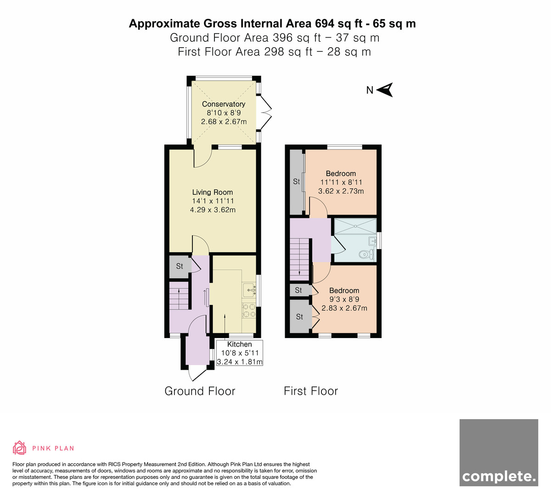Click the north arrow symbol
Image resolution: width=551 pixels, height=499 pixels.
tap(385, 90)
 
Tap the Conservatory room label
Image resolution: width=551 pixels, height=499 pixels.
tap(224, 104)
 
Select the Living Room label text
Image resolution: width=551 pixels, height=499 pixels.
tap(212, 192)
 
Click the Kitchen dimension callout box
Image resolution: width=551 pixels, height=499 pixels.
tap(240, 353)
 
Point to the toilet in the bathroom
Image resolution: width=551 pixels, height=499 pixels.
tap(366, 254)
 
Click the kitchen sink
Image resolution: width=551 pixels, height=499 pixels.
tap(249, 290)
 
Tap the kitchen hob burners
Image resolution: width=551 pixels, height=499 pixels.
tap(249, 310)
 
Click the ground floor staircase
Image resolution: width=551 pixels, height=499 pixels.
tap(179, 295)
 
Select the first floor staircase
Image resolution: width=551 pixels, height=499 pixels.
tap(300, 260)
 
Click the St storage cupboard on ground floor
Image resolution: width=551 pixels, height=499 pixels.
tap(180, 266)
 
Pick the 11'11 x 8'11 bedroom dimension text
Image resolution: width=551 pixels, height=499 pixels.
tap(341, 182)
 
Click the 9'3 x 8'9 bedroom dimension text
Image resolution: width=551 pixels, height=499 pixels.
tap(344, 299)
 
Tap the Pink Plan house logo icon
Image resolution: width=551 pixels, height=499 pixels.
tap(19, 448)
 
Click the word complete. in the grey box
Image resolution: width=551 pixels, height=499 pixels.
tap(499, 477)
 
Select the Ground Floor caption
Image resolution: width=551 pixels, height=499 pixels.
tap(200, 391)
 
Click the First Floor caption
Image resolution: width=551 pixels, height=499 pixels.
tap(311, 391)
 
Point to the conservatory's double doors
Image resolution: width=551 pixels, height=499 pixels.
tap(265, 112)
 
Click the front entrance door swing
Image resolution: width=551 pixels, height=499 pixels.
tap(197, 373)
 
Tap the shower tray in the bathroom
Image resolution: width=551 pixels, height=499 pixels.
tap(355, 227)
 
